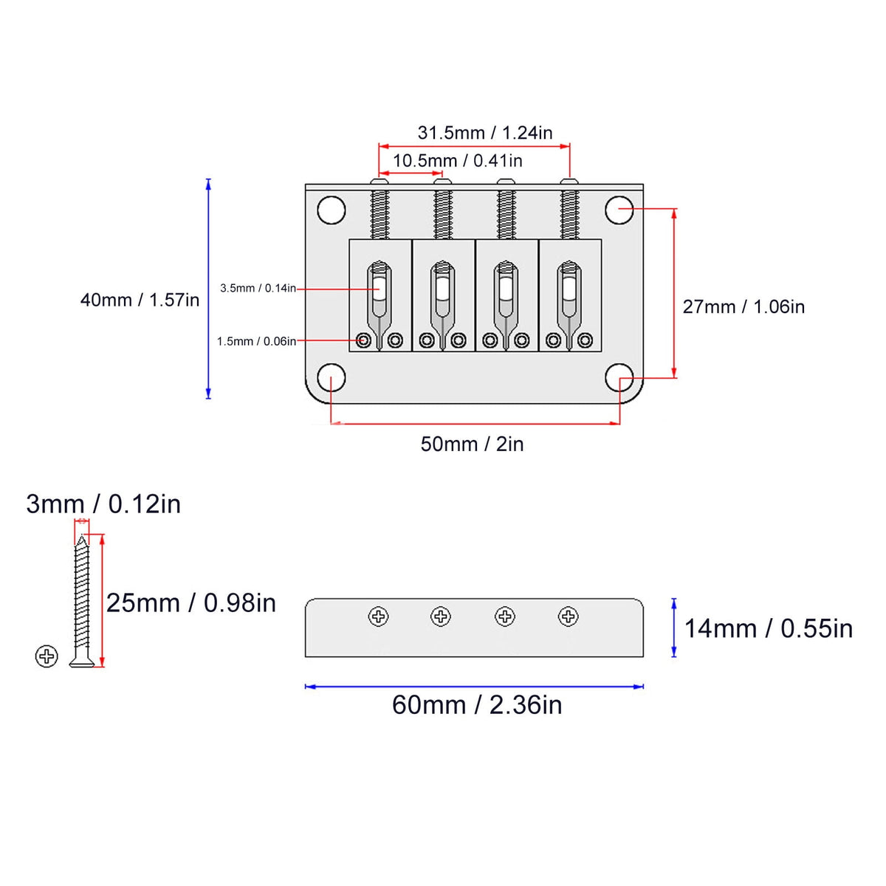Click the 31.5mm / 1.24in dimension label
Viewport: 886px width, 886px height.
tap(484, 133)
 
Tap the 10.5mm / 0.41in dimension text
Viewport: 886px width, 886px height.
tap(458, 161)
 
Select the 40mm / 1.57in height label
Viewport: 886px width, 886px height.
tap(140, 301)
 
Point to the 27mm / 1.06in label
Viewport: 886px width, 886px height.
tap(744, 306)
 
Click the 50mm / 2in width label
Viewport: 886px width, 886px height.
tap(473, 444)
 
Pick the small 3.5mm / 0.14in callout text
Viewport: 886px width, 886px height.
tap(258, 288)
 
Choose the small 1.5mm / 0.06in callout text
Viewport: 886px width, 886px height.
tap(256, 342)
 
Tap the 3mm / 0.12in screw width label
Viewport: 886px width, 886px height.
tap(103, 504)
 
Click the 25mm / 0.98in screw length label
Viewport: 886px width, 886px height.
tap(190, 602)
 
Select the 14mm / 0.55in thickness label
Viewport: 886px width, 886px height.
tap(769, 628)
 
